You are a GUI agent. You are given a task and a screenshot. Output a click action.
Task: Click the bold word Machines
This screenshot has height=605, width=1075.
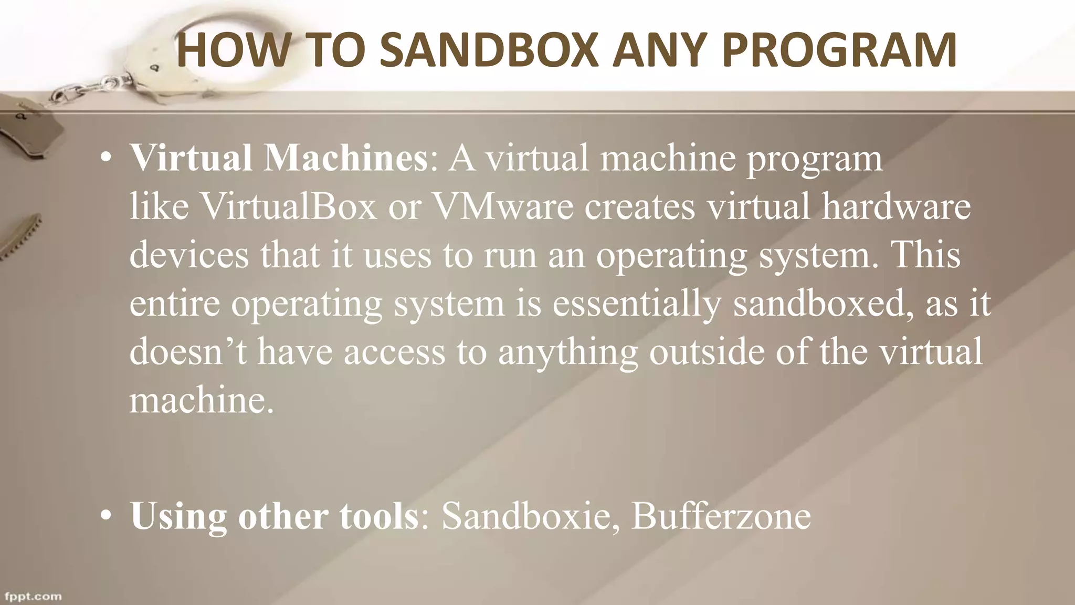[x=346, y=158]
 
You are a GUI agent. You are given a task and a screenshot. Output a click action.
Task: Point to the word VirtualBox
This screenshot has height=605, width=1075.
[x=289, y=206]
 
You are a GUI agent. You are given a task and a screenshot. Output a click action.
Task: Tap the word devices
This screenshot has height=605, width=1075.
[x=189, y=255]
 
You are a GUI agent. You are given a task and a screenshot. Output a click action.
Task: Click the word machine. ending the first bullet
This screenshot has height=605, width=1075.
[x=202, y=401]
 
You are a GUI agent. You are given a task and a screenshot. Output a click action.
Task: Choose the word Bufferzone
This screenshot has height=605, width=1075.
[x=721, y=516]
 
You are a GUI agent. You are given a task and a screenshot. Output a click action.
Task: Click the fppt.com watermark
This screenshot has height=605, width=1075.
[x=33, y=597]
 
